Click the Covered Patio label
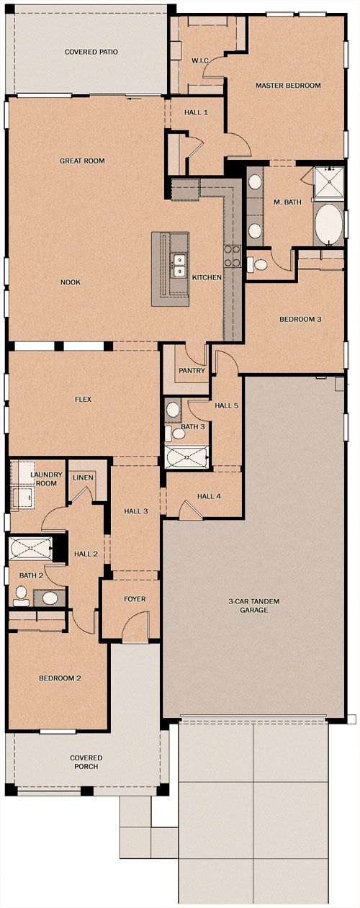click(x=91, y=52)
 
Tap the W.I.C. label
click(x=200, y=60)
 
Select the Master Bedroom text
click(x=288, y=86)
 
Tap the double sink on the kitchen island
click(x=178, y=265)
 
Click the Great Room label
click(x=82, y=161)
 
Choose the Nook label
click(x=71, y=282)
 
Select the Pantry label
click(x=192, y=371)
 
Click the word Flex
click(x=83, y=400)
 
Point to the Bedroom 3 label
click(x=300, y=319)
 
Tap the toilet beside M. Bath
click(x=257, y=265)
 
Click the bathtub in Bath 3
click(x=187, y=457)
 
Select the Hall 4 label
click(x=210, y=496)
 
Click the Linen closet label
click(x=83, y=477)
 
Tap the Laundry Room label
click(x=47, y=479)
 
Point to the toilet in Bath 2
click(x=20, y=596)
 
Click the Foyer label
click(x=135, y=598)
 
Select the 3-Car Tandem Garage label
click(x=254, y=606)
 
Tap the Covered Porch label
click(x=86, y=762)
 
